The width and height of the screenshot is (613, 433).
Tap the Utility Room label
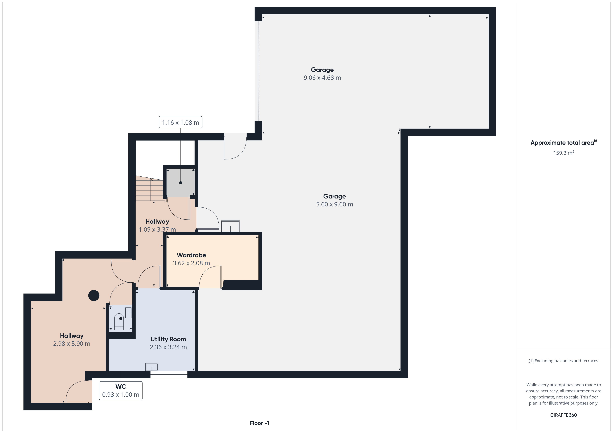pos(168,339)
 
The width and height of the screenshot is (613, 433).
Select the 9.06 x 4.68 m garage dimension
pos(322,78)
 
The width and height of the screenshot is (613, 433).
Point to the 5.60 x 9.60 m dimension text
pos(334,205)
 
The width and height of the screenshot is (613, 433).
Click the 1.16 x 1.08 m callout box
pos(181,122)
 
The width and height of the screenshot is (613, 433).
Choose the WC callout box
pos(121,391)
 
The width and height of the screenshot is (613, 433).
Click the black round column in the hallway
pos(94,295)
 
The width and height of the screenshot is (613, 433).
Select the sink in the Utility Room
pos(152,367)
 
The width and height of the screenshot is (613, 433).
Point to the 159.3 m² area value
pos(564,153)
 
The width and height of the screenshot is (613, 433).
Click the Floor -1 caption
pos(260,423)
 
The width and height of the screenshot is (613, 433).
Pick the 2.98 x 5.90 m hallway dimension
pos(72,344)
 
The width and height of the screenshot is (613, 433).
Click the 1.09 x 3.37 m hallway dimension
pos(157,230)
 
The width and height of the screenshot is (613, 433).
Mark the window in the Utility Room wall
pos(169,374)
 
